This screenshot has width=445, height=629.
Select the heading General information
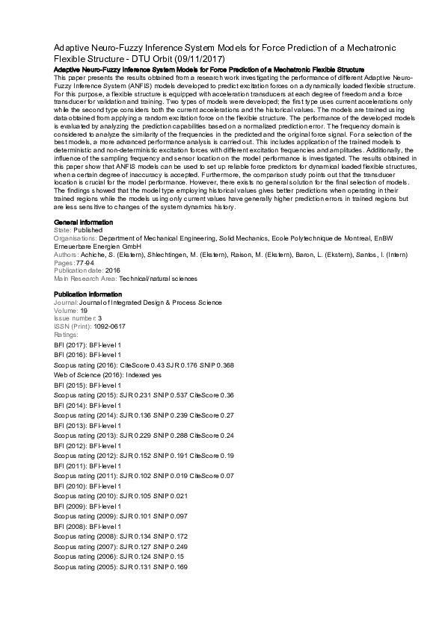[84, 223]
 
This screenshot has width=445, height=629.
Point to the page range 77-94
[86, 264]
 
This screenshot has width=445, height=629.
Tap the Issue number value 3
[100, 318]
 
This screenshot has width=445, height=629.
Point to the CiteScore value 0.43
[156, 365]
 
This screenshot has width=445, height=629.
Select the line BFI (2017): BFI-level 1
[88, 345]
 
